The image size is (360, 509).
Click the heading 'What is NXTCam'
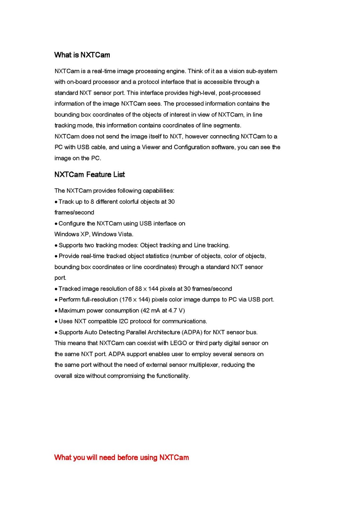click(82, 55)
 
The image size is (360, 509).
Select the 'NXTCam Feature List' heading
click(89, 175)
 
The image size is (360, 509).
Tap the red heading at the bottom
click(122, 458)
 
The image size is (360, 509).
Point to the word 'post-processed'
click(239, 93)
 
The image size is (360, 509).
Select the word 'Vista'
click(125, 234)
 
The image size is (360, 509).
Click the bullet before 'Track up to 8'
click(56, 202)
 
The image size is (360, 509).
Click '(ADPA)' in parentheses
click(191, 332)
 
